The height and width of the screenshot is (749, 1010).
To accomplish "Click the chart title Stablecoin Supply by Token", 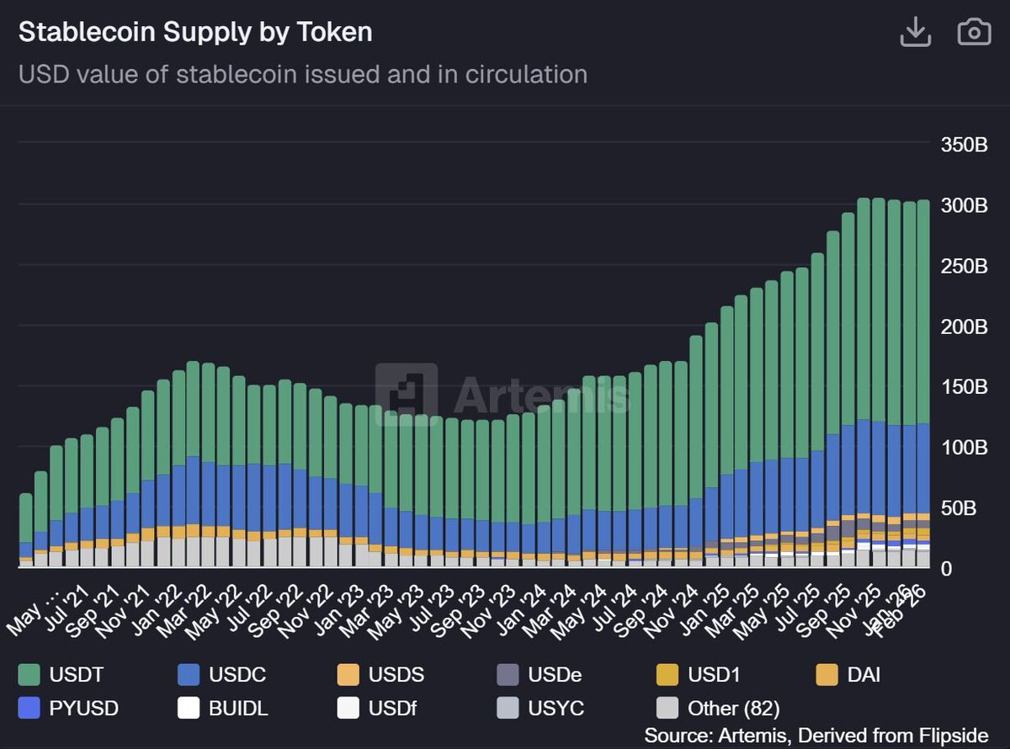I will pos(195,32).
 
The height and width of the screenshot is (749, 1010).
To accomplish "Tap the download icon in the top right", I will pos(915,32).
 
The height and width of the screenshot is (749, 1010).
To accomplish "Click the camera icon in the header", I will pos(974,32).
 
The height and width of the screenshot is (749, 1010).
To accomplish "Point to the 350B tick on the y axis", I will pos(964,145).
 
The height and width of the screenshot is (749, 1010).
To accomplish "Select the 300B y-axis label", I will pos(964,205).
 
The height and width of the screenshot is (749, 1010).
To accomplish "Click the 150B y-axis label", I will pos(964,387).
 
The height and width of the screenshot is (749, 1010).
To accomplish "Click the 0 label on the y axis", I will pos(946,569).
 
